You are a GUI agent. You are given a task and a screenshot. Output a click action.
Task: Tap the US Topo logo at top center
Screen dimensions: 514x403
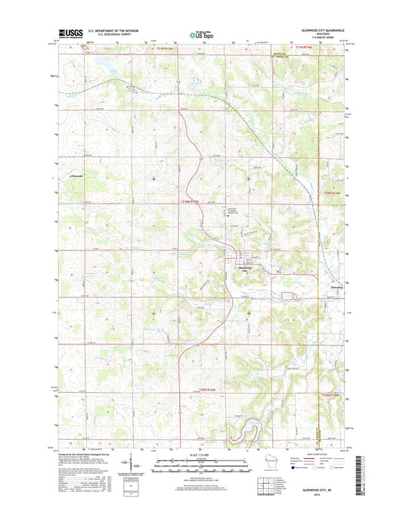pos(201,34)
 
